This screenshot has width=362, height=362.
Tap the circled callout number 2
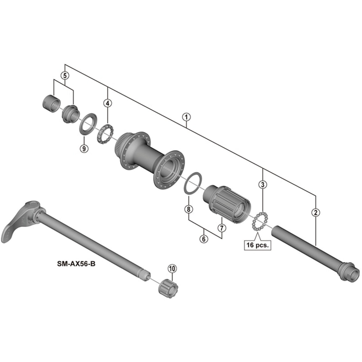click(315, 212)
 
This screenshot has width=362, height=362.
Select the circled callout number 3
click(262, 185)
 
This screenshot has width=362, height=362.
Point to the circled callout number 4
click(108, 103)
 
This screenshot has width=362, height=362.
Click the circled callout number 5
click(65, 75)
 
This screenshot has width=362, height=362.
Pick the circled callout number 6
click(204, 239)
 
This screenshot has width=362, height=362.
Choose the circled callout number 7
click(222, 228)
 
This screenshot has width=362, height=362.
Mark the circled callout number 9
click(84, 148)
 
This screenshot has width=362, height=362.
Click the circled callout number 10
click(172, 268)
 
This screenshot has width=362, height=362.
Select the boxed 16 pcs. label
click(258, 245)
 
